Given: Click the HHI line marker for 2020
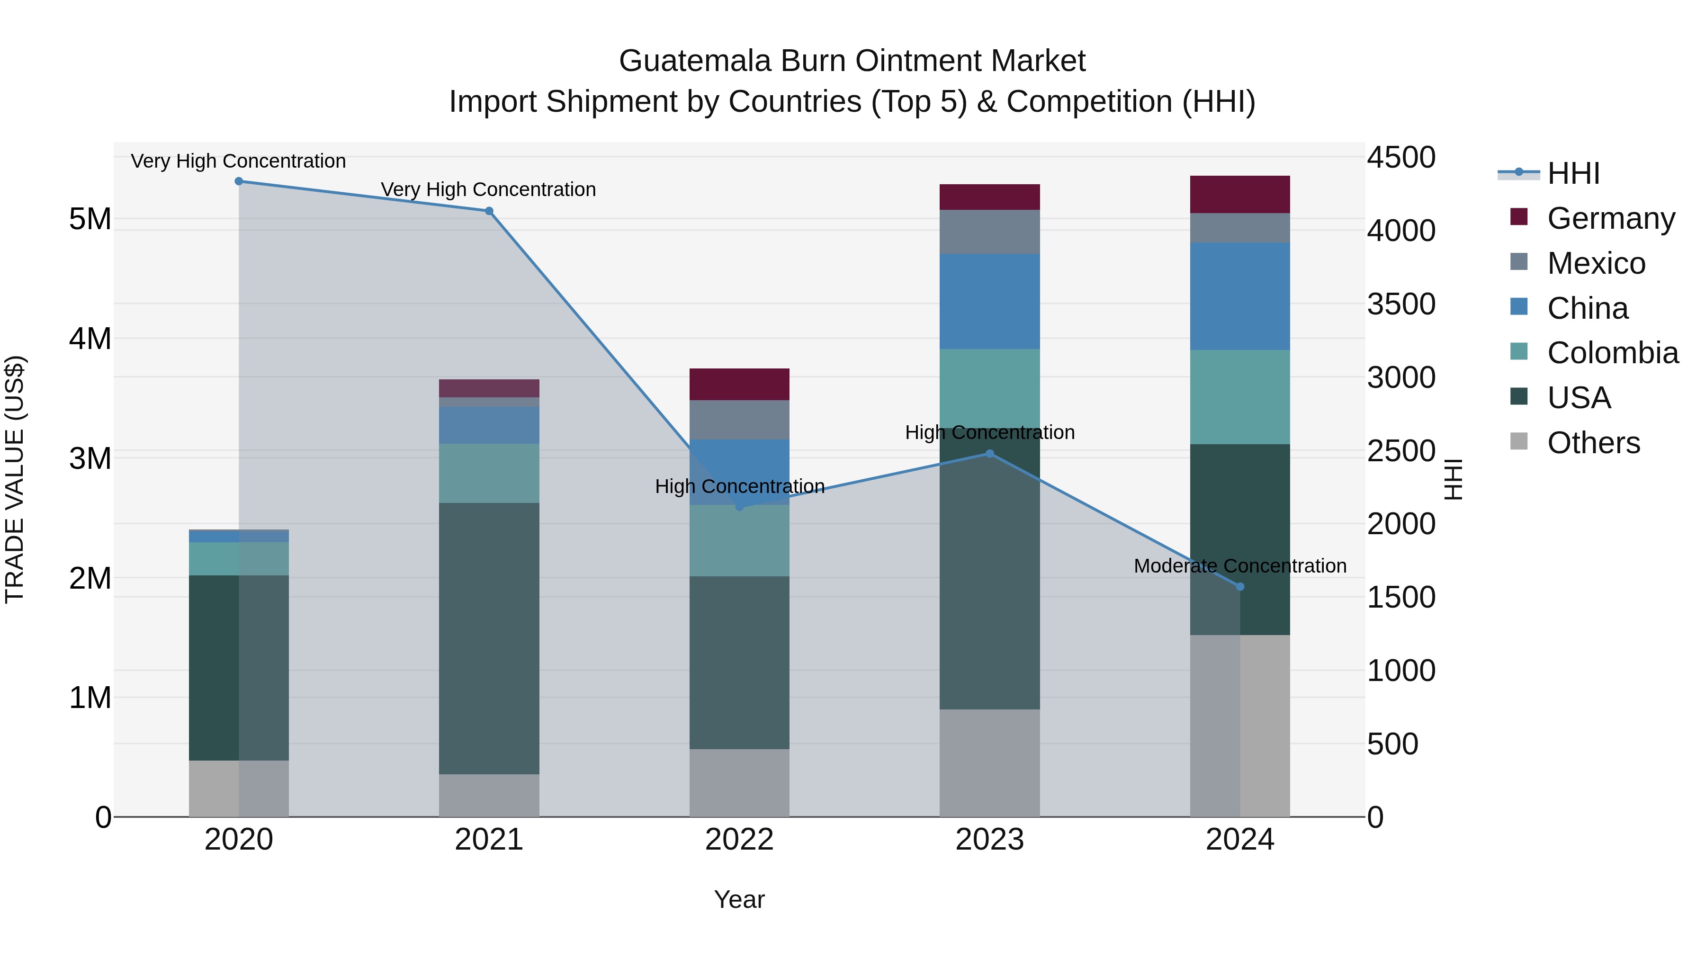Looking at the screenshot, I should coord(239,181).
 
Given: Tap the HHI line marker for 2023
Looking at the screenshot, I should coord(989,453).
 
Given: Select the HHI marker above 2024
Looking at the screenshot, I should coord(1240,586).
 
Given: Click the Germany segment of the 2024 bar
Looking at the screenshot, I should coord(1240,195).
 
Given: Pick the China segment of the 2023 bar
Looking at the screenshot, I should coord(989,301).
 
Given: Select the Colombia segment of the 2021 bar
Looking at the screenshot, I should coord(489,473).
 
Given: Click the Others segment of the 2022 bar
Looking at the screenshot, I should coord(739,782).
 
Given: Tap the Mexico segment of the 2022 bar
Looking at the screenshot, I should coord(739,420).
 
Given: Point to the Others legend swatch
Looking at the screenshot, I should coord(1519,441).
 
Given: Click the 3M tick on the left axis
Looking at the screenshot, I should coord(90,458).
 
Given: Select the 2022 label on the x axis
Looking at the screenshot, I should coord(739,840).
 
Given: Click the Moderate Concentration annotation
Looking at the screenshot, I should coord(1240,566).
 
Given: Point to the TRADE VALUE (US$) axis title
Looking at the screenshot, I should coord(15,479).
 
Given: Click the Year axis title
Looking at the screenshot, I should coord(739,899).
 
